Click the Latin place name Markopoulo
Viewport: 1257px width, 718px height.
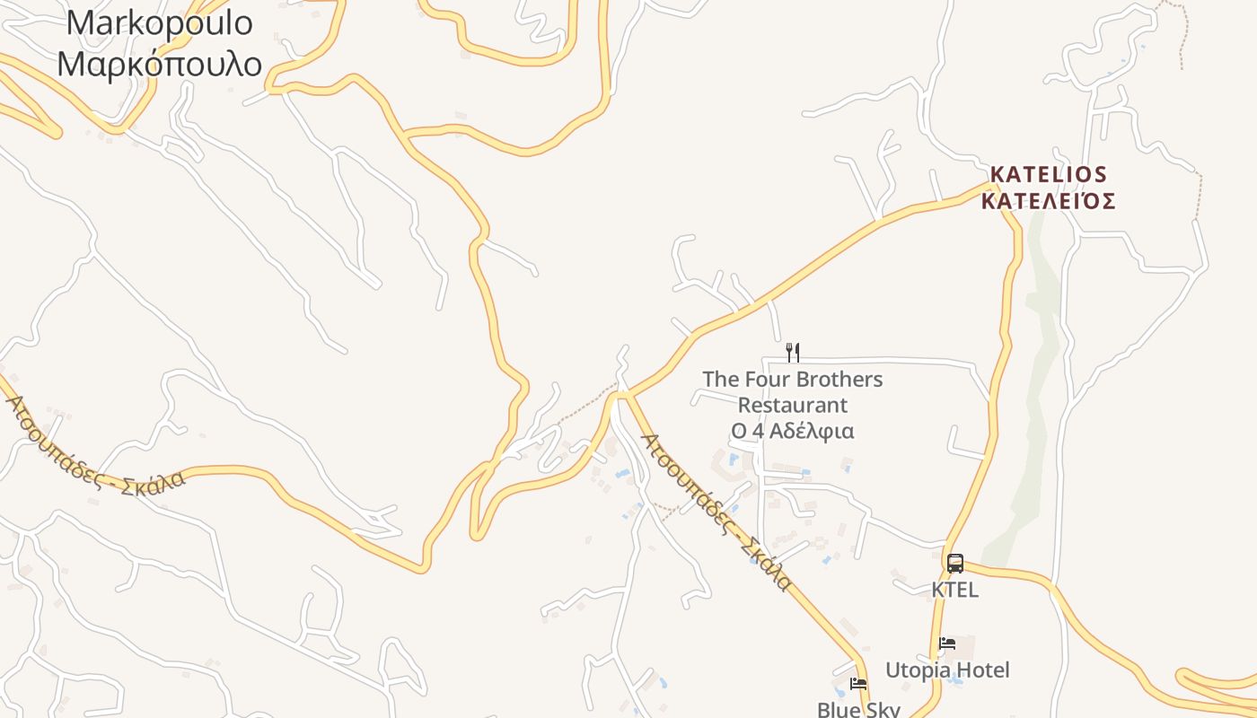pyautogui.click(x=160, y=22)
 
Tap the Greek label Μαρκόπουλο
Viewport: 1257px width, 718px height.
pyautogui.click(x=160, y=64)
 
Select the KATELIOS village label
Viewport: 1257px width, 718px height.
pyautogui.click(x=1048, y=173)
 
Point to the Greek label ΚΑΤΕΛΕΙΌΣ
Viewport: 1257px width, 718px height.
pyautogui.click(x=1048, y=200)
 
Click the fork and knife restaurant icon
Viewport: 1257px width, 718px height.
pyautogui.click(x=793, y=352)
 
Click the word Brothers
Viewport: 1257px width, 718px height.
pyautogui.click(x=841, y=380)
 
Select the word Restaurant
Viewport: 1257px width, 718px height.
pyautogui.click(x=793, y=406)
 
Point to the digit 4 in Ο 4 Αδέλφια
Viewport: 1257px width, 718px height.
pyautogui.click(x=759, y=432)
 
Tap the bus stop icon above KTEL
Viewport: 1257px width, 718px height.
pyautogui.click(x=954, y=564)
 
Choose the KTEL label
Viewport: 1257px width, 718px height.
pyautogui.click(x=954, y=590)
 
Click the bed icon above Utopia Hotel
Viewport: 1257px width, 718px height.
pyautogui.click(x=946, y=644)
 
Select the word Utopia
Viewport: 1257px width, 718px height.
pyautogui.click(x=917, y=670)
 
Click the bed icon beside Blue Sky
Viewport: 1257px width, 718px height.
pyautogui.click(x=858, y=684)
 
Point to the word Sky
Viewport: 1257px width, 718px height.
pyautogui.click(x=881, y=709)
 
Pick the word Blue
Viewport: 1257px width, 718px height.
pyautogui.click(x=837, y=709)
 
